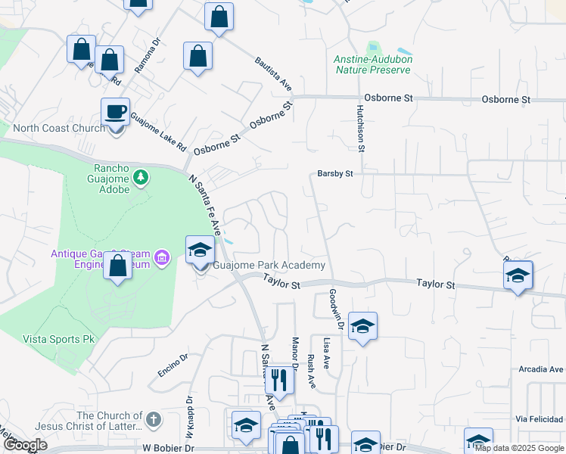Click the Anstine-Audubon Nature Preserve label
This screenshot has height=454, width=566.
[372, 64]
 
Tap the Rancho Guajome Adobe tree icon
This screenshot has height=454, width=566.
[140, 177]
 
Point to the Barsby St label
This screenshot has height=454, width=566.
[335, 174]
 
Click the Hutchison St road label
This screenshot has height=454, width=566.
[361, 128]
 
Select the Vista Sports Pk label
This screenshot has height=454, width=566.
[52, 338]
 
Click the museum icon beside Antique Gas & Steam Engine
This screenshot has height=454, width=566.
[160, 260]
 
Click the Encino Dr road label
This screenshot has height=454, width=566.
[172, 365]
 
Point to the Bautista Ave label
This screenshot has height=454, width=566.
[273, 73]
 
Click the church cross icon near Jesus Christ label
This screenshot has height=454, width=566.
[154, 418]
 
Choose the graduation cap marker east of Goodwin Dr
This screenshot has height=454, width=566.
[362, 327]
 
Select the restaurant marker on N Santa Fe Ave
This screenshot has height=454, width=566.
[280, 381]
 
